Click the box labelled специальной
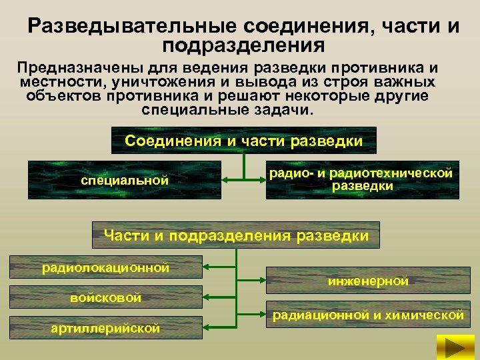point(125,180)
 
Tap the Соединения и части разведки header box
point(243,141)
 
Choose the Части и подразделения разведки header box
point(236,235)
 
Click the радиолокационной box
point(105,269)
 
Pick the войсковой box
point(105,297)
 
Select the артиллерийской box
point(105,327)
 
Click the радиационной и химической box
point(367,315)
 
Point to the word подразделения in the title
point(243,46)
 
